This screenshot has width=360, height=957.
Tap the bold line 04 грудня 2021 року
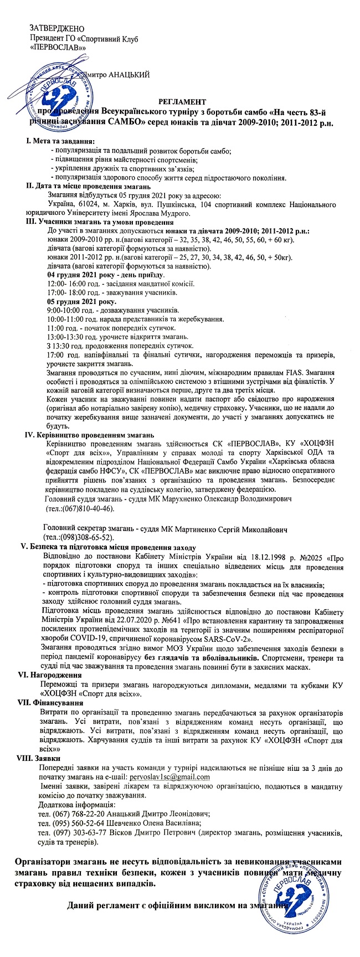click(x=105, y=275)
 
